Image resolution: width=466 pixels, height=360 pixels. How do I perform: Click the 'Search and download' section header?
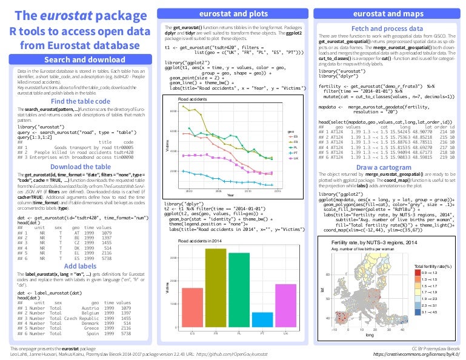(x=80, y=59)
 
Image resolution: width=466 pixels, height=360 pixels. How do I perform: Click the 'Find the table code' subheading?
(x=80, y=101)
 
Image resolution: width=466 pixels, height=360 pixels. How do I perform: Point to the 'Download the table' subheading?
(x=80, y=166)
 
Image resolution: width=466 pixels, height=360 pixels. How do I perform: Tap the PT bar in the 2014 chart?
(x=262, y=320)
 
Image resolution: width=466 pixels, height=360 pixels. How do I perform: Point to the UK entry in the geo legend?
(x=292, y=158)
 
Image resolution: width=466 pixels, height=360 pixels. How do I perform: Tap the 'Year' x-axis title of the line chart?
(x=231, y=195)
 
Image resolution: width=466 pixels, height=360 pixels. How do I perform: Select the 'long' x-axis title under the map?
(x=370, y=335)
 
